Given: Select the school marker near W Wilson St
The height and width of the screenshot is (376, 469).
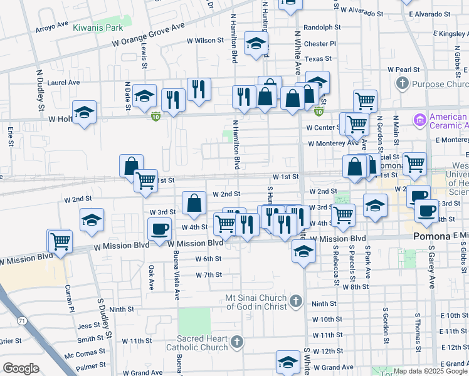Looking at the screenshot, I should point(256,44).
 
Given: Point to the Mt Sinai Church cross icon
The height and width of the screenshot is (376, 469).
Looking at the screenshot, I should point(297,302).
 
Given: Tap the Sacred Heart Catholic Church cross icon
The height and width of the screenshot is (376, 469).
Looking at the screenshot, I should point(236,342).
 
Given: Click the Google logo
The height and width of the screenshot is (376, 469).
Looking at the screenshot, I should point(21,368).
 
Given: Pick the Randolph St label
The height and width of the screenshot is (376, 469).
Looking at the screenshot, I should point(322,28).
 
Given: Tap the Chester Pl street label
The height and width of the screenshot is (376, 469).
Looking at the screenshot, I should point(320,44).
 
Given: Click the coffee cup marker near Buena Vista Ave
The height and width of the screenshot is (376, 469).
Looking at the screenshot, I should point(159,229).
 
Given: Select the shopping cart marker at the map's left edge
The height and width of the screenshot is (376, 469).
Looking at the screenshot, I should point(60,240).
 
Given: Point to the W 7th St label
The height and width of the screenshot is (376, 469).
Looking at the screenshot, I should point(209,274).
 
